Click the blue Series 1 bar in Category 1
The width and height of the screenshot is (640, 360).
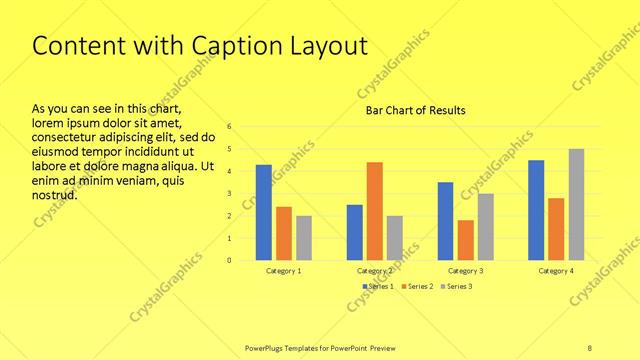click(x=264, y=212)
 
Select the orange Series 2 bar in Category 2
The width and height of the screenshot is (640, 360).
click(x=374, y=211)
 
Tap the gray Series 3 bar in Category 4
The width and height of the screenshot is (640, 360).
click(x=577, y=204)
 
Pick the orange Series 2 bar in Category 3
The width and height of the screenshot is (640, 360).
click(x=465, y=240)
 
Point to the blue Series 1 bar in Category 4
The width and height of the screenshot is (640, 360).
click(x=536, y=210)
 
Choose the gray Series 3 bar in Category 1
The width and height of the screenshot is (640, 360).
click(x=304, y=238)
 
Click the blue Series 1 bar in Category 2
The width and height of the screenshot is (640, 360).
click(x=354, y=232)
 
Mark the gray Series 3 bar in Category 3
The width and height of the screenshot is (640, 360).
click(x=485, y=227)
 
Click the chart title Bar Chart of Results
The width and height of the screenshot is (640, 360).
click(x=416, y=110)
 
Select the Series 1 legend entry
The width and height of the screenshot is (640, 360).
click(x=377, y=287)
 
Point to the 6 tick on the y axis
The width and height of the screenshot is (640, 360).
click(x=230, y=127)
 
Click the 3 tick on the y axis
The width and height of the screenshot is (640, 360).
click(x=230, y=194)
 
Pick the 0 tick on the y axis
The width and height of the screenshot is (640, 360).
click(x=230, y=260)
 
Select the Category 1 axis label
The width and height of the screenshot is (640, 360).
click(x=284, y=271)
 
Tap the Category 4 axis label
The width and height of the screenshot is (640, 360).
click(x=556, y=271)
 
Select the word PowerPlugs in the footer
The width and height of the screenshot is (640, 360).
click(x=268, y=348)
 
